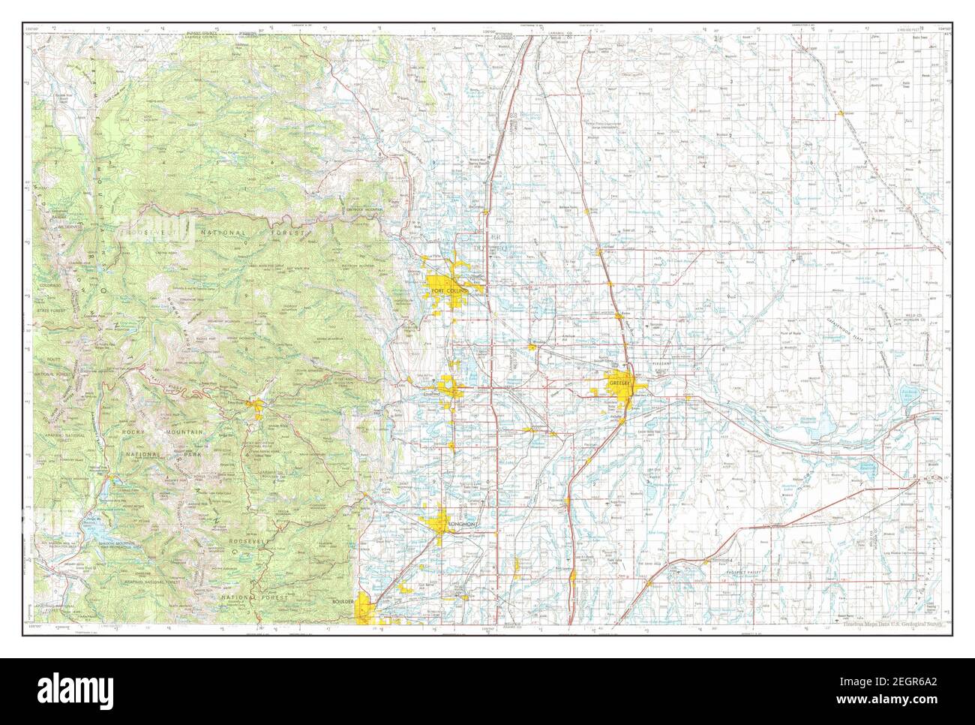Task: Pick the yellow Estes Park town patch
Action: point(257,408)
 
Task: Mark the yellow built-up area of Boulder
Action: point(365,608)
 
